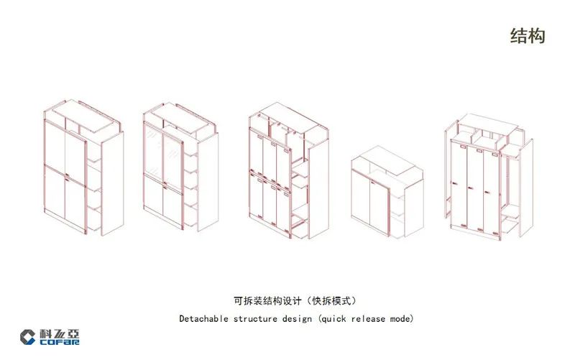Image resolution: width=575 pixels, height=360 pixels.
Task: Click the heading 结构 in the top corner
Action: [x=528, y=36]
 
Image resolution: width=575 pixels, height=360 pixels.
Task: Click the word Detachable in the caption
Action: [x=203, y=318]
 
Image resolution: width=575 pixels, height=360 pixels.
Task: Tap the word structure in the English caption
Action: [x=255, y=319]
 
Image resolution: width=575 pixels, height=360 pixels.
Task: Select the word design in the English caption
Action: [x=297, y=319]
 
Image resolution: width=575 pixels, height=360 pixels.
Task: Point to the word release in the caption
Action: [x=368, y=319]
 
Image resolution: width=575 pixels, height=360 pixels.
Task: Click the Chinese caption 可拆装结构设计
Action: [x=267, y=301]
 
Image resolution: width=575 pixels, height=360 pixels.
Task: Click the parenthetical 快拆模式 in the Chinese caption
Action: [x=331, y=301]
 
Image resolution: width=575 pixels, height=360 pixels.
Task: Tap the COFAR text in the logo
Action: [x=60, y=341]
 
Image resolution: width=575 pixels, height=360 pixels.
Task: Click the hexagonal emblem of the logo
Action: [x=28, y=337]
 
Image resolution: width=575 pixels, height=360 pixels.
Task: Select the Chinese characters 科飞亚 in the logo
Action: [x=60, y=333]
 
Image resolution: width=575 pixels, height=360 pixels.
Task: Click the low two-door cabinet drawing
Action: [x=387, y=192]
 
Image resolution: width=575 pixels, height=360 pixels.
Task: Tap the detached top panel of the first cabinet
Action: [x=83, y=116]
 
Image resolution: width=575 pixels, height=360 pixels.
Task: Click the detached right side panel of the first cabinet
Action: [x=112, y=184]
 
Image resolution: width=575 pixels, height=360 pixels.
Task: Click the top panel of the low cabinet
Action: [x=387, y=160]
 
